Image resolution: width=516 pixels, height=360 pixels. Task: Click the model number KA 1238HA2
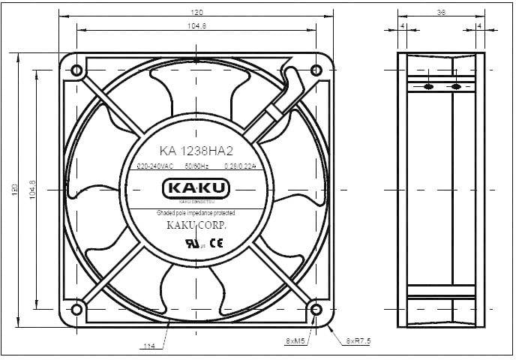[196, 148]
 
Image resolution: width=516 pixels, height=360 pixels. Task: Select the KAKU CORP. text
[196, 225]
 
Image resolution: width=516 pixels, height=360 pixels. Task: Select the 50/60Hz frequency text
[196, 166]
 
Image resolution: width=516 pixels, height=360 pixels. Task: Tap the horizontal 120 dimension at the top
[196, 13]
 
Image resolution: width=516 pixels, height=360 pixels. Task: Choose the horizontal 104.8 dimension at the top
[196, 26]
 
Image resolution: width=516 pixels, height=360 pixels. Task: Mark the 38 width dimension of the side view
[442, 13]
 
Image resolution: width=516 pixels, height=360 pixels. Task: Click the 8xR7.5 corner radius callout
[358, 340]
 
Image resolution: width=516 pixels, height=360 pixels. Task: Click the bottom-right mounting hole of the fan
[316, 308]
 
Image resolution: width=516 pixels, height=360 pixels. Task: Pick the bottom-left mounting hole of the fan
[76, 308]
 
